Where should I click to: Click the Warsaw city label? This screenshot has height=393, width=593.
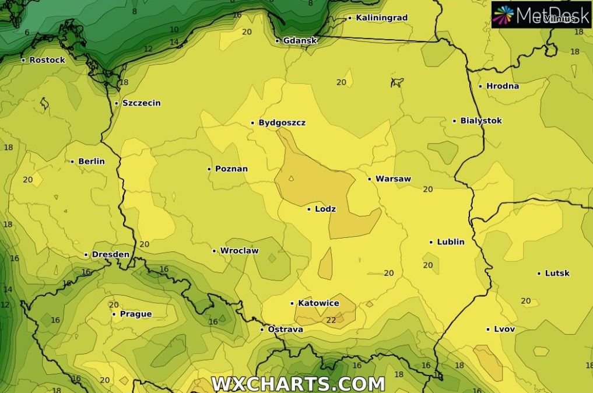[x=393, y=179]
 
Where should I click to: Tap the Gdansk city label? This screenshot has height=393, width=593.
[x=300, y=41]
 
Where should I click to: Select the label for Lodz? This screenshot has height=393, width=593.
[x=325, y=209]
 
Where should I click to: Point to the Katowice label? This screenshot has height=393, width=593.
[x=318, y=303]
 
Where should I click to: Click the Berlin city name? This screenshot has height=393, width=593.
[x=92, y=162]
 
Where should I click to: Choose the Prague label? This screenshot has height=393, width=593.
[x=136, y=314]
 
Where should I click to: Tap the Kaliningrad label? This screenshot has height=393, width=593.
[x=381, y=18]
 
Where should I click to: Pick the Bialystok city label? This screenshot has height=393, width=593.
[x=481, y=121]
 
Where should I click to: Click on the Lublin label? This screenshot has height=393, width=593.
[x=451, y=242]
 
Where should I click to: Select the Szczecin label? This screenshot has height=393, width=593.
[x=142, y=103]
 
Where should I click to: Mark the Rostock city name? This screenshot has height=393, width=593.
[x=47, y=60]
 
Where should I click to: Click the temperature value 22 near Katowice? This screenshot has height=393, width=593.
[x=331, y=320]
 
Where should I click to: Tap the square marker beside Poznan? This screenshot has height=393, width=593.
[x=209, y=169]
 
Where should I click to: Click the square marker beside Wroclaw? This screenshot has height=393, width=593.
[x=214, y=251]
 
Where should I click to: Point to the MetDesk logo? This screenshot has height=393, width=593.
[x=541, y=15]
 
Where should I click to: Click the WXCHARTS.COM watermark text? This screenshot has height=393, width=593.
[x=298, y=384]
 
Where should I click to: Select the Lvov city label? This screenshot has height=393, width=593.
[x=504, y=329]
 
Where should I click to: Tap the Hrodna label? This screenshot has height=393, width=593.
[x=503, y=86]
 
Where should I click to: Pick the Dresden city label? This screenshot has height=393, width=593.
[x=111, y=255]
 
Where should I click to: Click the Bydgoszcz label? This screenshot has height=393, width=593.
[x=282, y=123]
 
